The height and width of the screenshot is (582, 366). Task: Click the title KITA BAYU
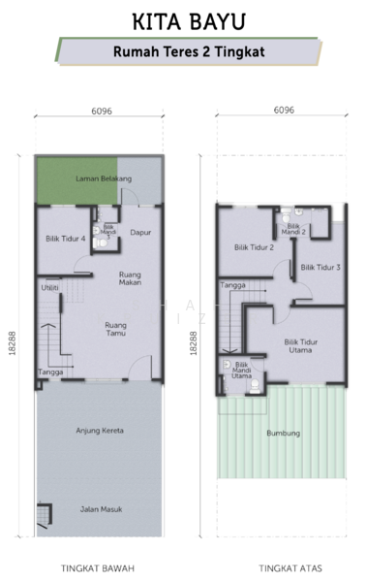189,21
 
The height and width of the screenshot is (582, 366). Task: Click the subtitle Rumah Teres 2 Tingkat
189,51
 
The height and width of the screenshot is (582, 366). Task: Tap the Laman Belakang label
104,178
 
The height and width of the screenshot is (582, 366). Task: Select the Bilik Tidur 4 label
66,239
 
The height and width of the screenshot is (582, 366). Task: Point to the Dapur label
140,233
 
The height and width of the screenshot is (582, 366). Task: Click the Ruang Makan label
130,278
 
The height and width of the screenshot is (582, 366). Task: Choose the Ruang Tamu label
115,329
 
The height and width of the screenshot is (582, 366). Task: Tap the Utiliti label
49,288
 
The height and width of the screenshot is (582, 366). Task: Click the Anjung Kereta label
100,431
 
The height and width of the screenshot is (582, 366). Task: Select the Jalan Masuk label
101,509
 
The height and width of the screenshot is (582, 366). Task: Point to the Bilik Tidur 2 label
254,247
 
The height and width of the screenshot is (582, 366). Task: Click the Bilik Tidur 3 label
320,267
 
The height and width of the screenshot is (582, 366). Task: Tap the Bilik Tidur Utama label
300,346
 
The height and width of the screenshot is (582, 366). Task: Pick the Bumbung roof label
284,433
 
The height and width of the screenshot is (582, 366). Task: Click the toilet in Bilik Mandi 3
100,243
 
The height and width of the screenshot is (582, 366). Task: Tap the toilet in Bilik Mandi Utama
255,388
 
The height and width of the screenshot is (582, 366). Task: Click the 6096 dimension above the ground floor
102,111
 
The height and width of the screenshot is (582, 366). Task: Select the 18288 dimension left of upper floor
194,343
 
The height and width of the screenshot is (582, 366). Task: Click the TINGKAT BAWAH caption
98,568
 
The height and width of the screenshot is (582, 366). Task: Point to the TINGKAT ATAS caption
290,568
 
